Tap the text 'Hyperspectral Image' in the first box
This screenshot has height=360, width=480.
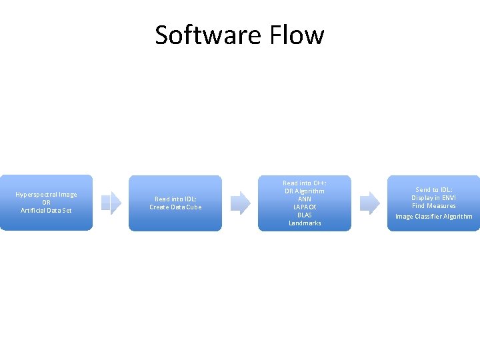click(46, 195)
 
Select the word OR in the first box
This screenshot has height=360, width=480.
click(46, 203)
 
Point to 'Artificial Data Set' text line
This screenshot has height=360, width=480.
click(46, 211)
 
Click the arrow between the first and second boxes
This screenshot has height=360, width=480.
click(111, 203)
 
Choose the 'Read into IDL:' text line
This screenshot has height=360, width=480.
click(175, 199)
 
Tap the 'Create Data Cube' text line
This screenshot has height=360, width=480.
click(175, 207)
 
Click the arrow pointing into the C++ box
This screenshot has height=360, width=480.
click(240, 203)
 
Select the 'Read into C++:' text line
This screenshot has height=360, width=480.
click(305, 183)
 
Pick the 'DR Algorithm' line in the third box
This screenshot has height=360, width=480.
click(305, 191)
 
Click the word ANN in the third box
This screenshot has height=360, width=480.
click(305, 199)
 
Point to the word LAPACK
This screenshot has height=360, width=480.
click(305, 207)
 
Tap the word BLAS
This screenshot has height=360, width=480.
click(305, 215)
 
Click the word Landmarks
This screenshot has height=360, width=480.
click(305, 223)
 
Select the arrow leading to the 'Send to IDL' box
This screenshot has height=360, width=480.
click(369, 203)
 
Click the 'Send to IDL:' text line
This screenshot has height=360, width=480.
click(434, 190)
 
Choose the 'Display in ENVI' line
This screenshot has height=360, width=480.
click(434, 198)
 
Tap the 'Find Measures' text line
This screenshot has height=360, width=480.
click(434, 206)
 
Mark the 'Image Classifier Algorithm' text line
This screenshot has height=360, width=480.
click(434, 217)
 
